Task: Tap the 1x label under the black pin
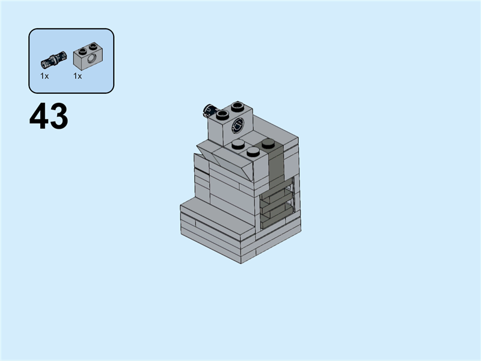tap(44, 76)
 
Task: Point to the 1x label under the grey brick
tap(78, 76)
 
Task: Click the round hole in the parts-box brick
tap(92, 61)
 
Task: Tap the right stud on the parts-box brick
tap(93, 46)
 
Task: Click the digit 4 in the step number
tap(39, 117)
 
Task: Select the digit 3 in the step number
tap(58, 117)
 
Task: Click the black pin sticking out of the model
tap(209, 110)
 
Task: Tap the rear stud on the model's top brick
tap(238, 106)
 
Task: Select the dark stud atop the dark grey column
tap(268, 143)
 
